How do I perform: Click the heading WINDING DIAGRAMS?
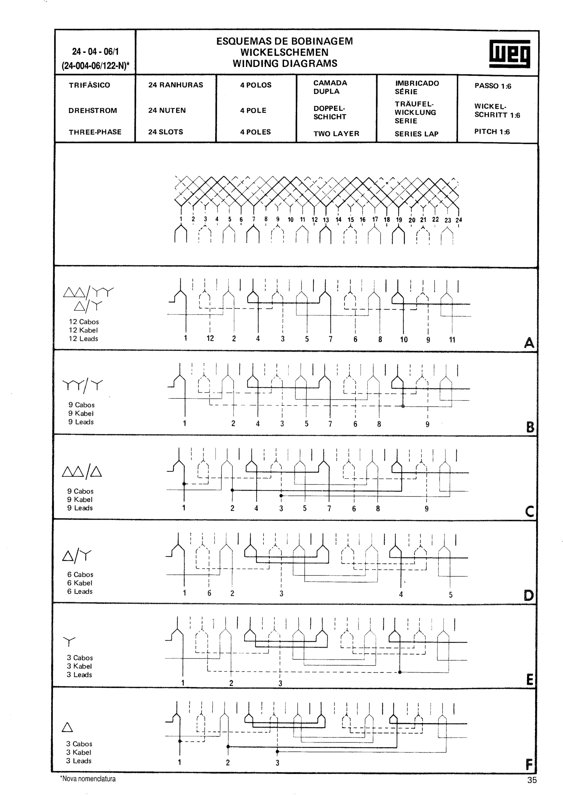(285, 63)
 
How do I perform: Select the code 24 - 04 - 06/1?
(95, 52)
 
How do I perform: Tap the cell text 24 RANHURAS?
(176, 85)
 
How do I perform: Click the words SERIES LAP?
(416, 134)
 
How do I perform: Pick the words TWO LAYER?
(336, 133)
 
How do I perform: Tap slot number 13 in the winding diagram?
(326, 220)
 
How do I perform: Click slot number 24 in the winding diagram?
(459, 220)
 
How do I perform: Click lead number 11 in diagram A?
(452, 340)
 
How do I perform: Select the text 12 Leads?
(83, 339)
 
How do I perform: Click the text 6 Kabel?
(80, 583)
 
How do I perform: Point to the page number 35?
(532, 780)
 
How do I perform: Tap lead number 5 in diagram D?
(451, 595)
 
